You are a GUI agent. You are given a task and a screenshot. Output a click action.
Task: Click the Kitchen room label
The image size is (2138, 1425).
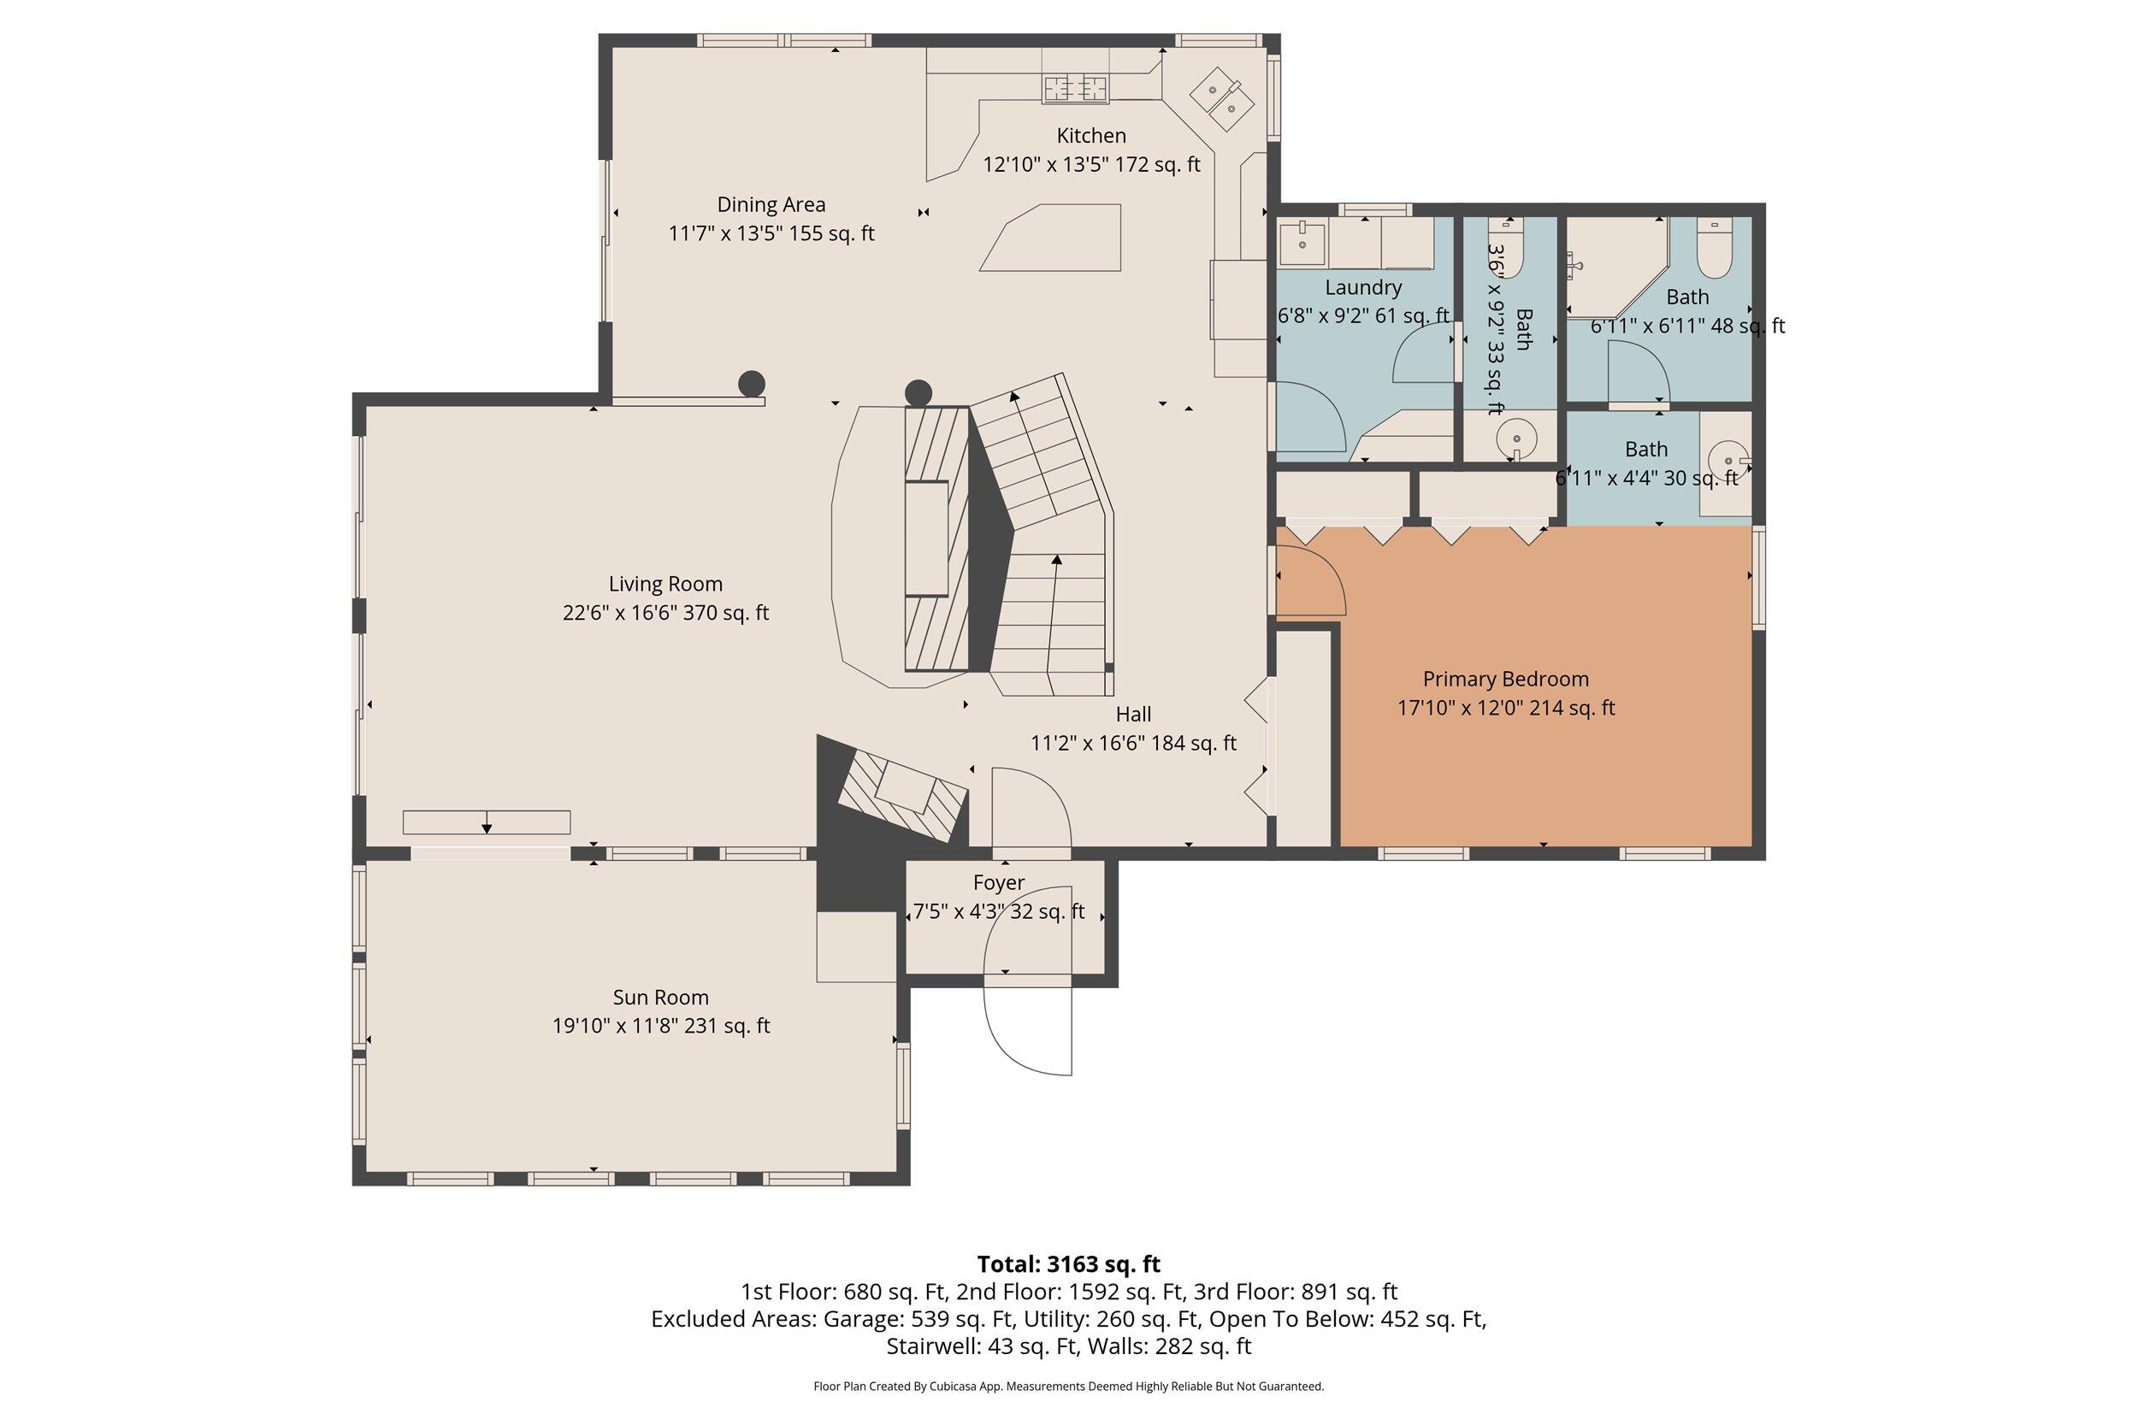point(1091,135)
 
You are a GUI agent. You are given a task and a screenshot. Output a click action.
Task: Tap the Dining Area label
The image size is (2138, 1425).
point(771,204)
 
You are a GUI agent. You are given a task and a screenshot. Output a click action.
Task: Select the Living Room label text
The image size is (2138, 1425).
point(665,585)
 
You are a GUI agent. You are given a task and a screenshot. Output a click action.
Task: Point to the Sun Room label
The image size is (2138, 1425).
point(661,997)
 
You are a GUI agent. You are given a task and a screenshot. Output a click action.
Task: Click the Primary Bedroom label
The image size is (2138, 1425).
point(1505,679)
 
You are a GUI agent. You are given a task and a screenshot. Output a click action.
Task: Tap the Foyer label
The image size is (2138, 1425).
point(998,882)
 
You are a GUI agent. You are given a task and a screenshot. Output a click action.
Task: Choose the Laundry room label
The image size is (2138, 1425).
point(1362,287)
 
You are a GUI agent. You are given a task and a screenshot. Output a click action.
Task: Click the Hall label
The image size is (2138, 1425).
point(1132,715)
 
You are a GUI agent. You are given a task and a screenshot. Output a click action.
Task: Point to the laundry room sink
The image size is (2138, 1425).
point(1302,240)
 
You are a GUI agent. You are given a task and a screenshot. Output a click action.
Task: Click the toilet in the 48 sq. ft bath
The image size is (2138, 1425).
point(1715,248)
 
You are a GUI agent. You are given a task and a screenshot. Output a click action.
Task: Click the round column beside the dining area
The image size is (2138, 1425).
point(751,384)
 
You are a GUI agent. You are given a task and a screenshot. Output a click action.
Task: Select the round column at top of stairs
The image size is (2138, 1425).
point(918,393)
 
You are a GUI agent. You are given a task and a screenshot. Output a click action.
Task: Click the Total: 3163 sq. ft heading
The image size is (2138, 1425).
point(1068,1264)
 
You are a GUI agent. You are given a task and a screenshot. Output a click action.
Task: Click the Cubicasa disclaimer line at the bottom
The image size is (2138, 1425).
point(1068,1387)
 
